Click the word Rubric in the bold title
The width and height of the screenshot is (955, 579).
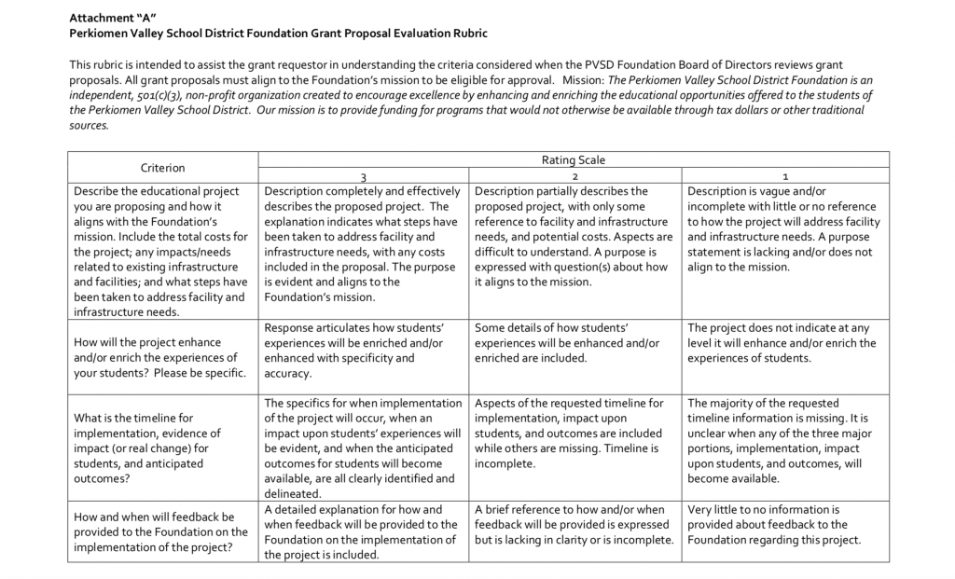pyautogui.click(x=467, y=34)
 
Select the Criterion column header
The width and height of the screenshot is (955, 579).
pyautogui.click(x=162, y=168)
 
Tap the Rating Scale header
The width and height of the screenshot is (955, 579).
pyautogui.click(x=573, y=160)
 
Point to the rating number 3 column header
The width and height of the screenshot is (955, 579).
pyautogui.click(x=362, y=176)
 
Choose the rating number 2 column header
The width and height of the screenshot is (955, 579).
pyautogui.click(x=574, y=176)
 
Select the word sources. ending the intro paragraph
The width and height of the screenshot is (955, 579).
pyautogui.click(x=90, y=125)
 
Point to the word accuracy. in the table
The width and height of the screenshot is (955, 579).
pyautogui.click(x=288, y=373)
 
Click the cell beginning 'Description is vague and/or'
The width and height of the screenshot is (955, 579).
pyautogui.click(x=784, y=228)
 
